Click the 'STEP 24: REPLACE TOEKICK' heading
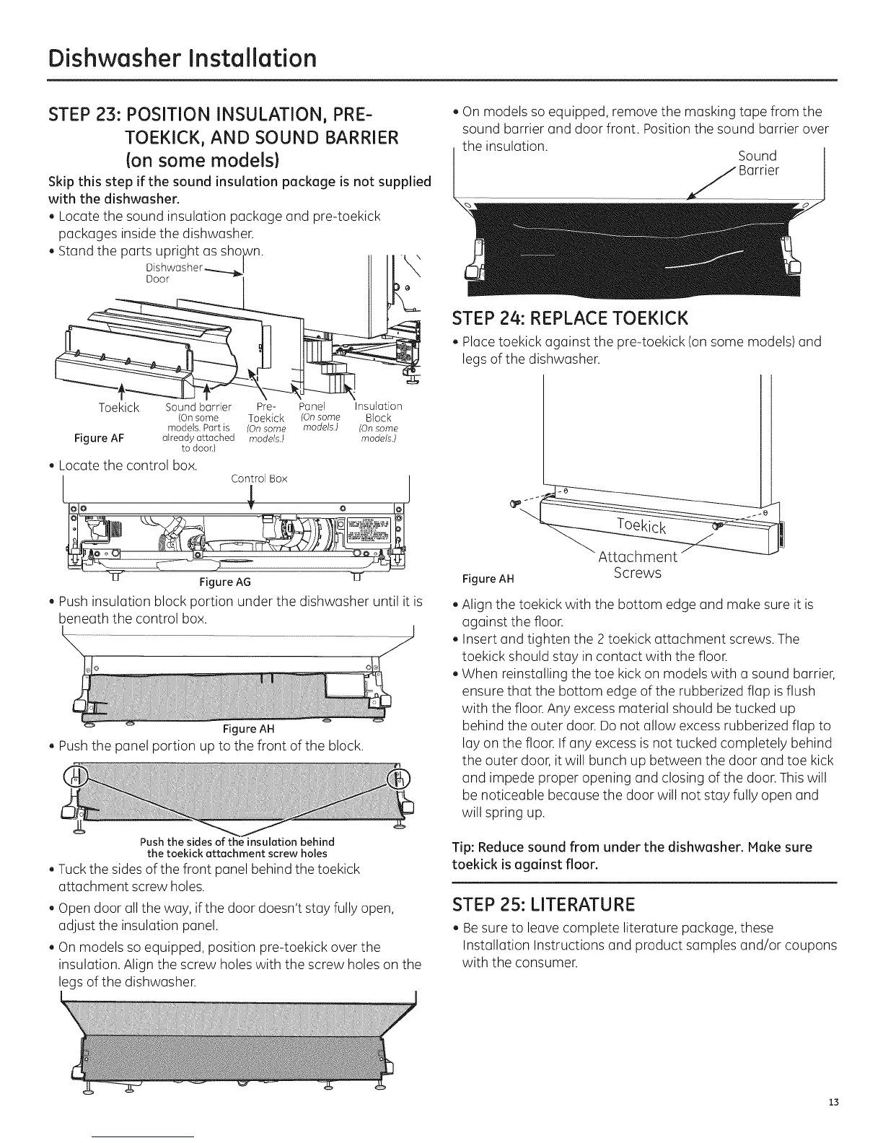[x=570, y=318]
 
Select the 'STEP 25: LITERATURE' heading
[x=542, y=904]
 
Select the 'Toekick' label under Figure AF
[x=119, y=408]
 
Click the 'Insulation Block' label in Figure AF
[x=378, y=412]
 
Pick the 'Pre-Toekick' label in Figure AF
[x=266, y=412]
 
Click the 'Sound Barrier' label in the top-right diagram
[x=757, y=163]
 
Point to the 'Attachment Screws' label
[x=638, y=565]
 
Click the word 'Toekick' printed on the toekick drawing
[x=641, y=525]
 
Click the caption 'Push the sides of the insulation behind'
[x=237, y=842]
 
